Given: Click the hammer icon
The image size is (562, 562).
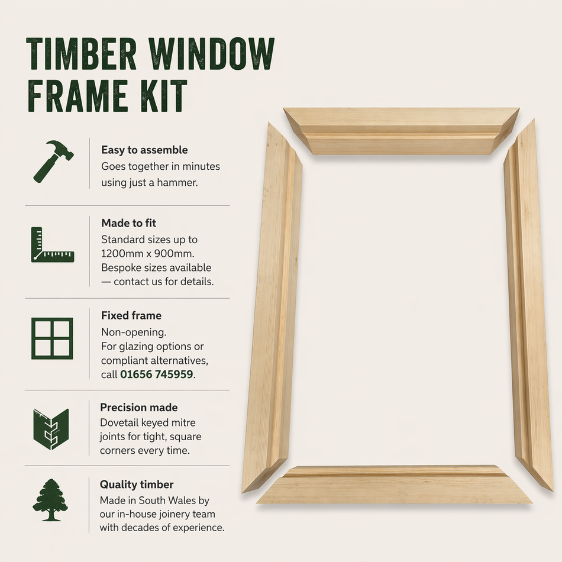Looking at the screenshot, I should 53,160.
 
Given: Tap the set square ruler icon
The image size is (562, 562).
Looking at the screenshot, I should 53,244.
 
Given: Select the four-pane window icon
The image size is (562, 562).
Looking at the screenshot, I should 53,338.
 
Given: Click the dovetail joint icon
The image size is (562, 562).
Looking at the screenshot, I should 51,429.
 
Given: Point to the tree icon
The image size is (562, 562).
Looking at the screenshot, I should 50,500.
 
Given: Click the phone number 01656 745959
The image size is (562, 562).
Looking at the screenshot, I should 157,374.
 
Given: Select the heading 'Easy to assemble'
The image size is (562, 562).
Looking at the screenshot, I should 144,150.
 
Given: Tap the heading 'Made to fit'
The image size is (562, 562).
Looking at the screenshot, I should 128,223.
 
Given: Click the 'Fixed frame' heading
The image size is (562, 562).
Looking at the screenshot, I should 131,315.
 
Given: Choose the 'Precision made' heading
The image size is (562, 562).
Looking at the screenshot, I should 138,408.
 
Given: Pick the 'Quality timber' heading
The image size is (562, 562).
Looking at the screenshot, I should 137,485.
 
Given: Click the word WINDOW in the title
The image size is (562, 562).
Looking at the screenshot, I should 211,54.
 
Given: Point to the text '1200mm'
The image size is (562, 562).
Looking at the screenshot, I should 120,254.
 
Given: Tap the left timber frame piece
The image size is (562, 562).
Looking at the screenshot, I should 273,308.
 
